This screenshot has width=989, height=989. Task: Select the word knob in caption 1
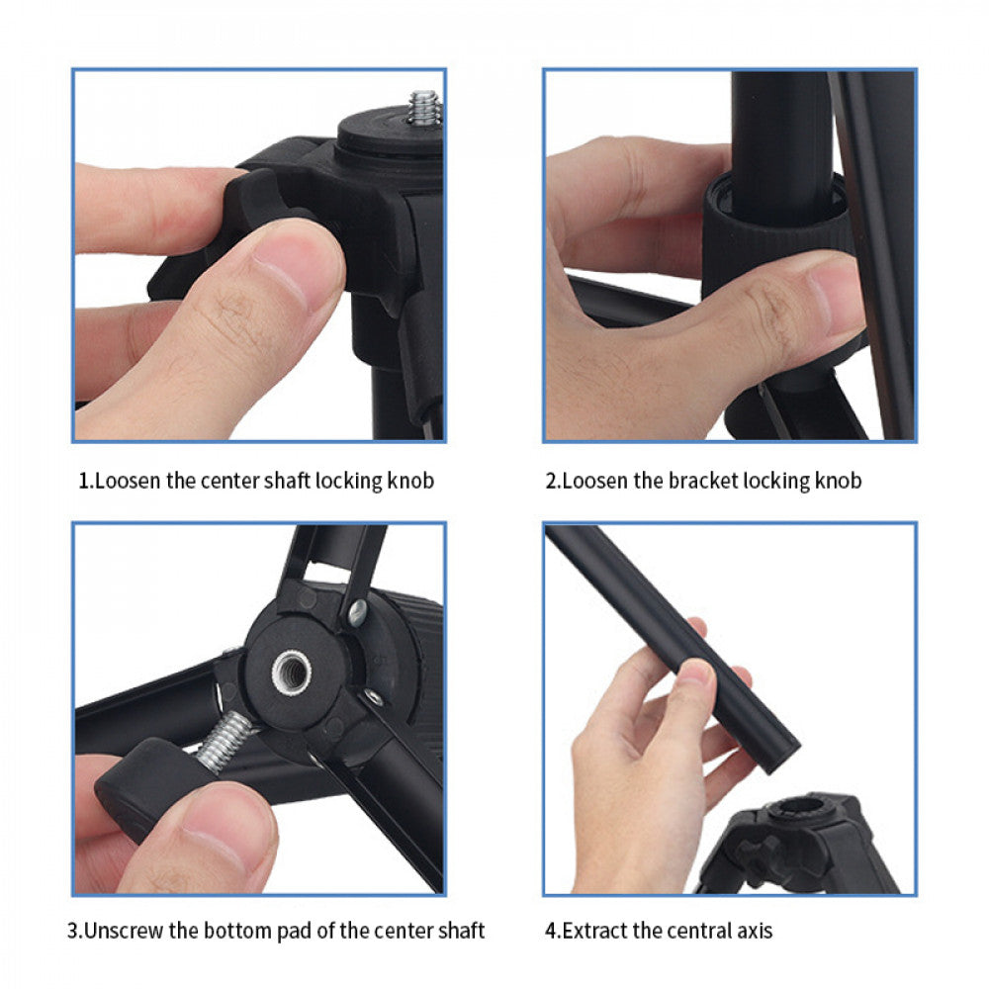pyautogui.click(x=409, y=482)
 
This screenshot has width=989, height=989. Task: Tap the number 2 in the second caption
pyautogui.click(x=551, y=482)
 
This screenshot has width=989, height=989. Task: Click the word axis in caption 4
pyautogui.click(x=754, y=931)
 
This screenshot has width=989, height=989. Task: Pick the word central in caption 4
pyautogui.click(x=698, y=931)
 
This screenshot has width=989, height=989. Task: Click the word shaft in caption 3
pyautogui.click(x=461, y=931)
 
